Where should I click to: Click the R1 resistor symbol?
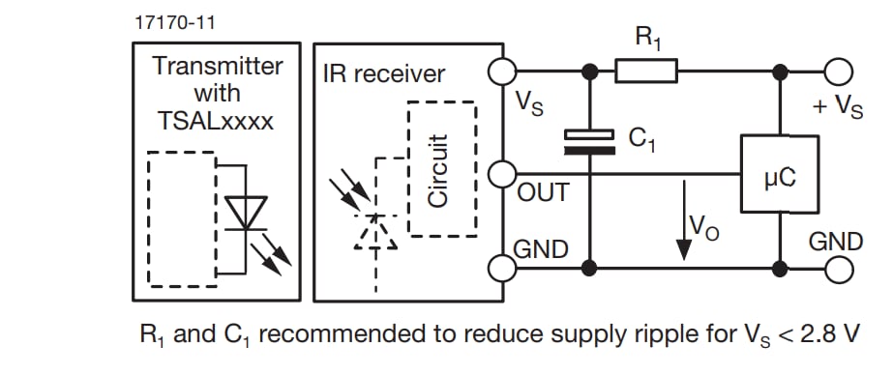pos(646,71)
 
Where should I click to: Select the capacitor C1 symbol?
pos(587,142)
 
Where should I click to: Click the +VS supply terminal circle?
pos(838,71)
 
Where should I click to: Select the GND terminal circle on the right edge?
pos(838,264)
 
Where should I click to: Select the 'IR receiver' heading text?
pos(385,72)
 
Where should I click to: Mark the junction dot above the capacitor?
pos(587,71)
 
